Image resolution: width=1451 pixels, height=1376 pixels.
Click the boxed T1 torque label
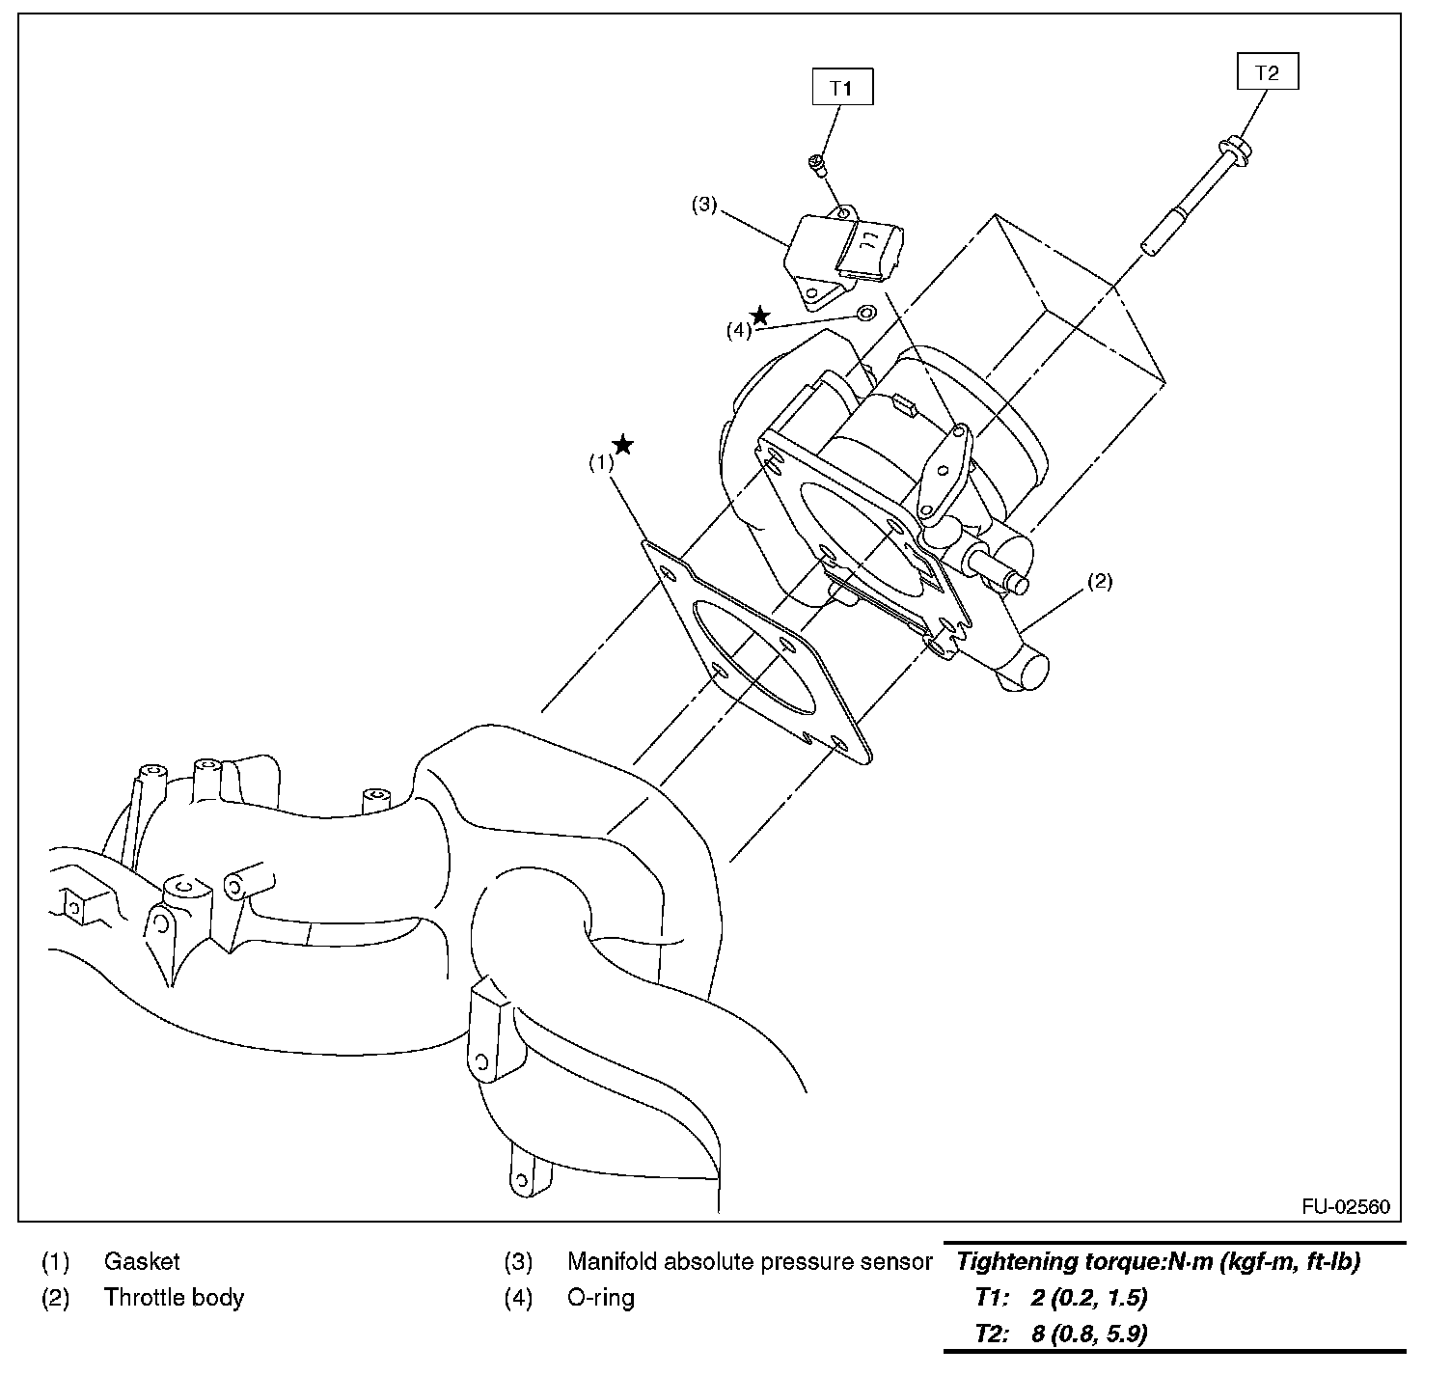[842, 88]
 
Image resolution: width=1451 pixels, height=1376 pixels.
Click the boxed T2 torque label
[1267, 72]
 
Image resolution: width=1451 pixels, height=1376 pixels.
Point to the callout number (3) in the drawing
[704, 205]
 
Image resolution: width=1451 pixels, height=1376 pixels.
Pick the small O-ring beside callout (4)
[865, 314]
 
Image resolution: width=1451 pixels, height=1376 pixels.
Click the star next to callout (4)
[760, 316]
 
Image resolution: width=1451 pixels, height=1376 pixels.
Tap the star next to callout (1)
[623, 445]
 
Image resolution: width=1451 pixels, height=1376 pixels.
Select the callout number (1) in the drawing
[601, 462]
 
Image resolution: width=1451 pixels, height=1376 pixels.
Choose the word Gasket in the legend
[142, 1261]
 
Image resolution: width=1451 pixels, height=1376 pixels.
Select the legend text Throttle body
[174, 1297]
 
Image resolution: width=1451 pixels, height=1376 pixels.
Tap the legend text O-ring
[600, 1297]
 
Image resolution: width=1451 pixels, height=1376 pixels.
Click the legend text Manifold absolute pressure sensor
[749, 1261]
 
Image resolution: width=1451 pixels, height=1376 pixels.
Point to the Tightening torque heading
[1158, 1261]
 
